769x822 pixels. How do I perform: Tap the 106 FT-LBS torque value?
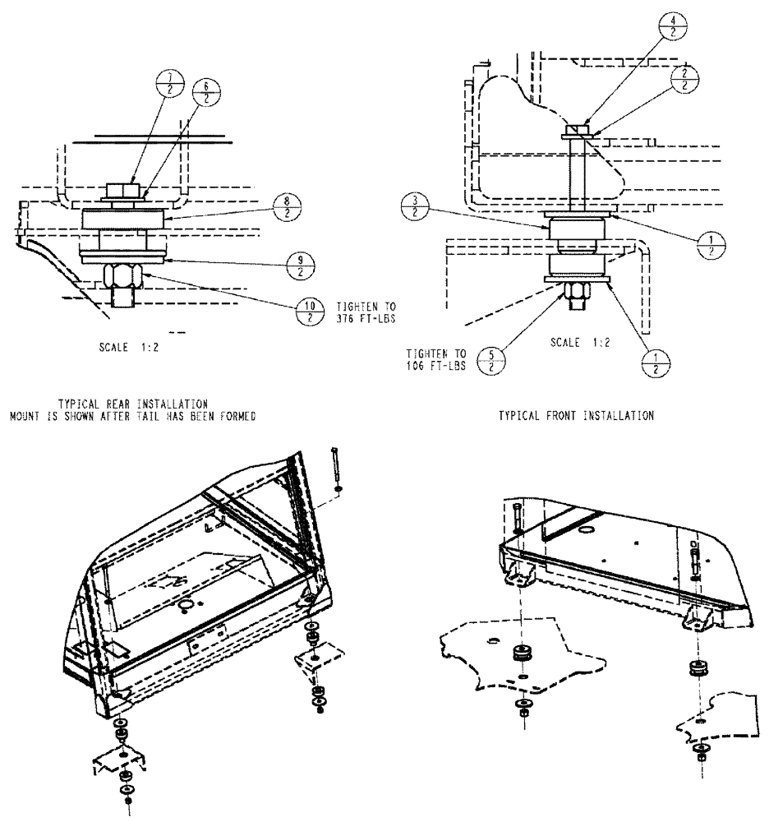tap(436, 366)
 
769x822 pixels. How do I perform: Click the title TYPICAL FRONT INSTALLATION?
tap(576, 416)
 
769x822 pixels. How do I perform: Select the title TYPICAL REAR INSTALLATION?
tap(132, 403)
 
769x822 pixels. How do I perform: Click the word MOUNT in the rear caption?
tap(24, 416)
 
